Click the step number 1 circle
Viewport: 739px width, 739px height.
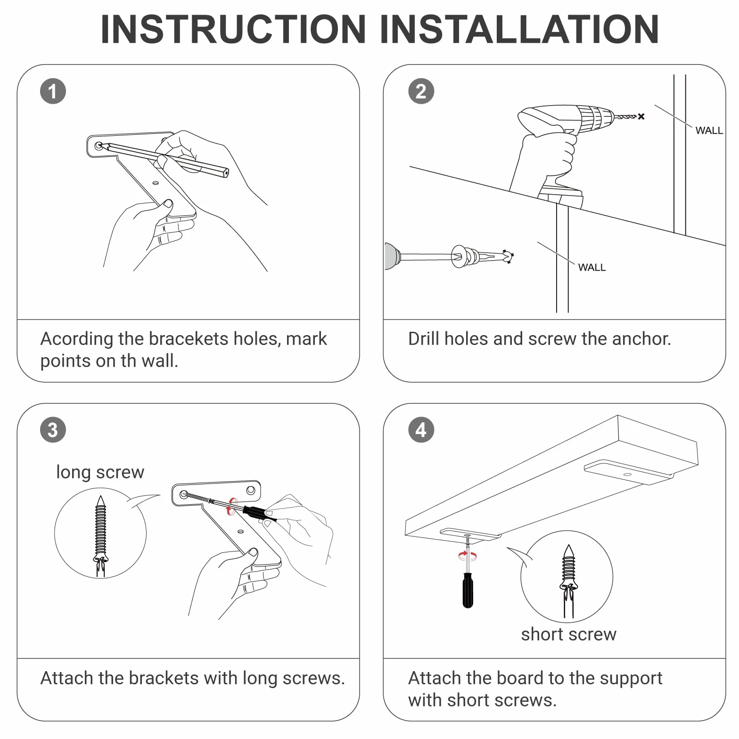pos(53,91)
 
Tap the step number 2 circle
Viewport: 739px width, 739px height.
pos(421,91)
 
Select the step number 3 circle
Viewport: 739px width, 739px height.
pos(53,430)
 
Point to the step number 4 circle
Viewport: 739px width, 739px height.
pos(421,430)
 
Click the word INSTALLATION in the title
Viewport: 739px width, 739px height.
pos(519,29)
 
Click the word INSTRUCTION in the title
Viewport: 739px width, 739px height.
pos(233,29)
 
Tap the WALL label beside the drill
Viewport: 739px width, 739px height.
pos(709,131)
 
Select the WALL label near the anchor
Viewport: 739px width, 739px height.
pos(592,267)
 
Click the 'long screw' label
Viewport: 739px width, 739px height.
pos(100,472)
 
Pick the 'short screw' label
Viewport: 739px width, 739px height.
pos(568,634)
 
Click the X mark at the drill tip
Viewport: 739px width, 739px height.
pos(641,116)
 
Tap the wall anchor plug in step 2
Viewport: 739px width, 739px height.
pos(481,257)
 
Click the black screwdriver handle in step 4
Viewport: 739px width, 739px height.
pos(468,590)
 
